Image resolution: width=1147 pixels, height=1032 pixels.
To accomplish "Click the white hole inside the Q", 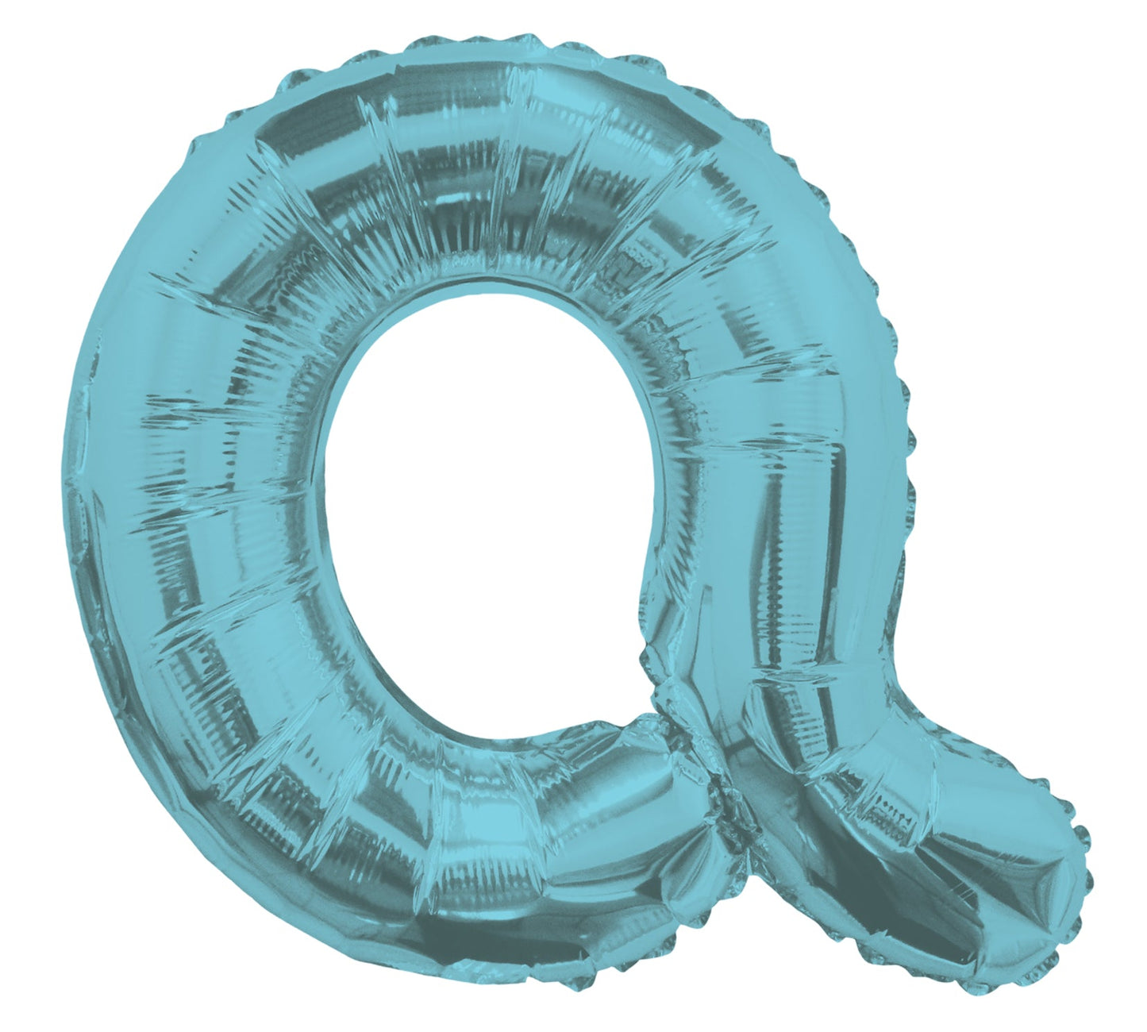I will pyautogui.click(x=484, y=508).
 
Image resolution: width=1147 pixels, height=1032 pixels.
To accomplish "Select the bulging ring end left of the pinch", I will pyautogui.click(x=651, y=794).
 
